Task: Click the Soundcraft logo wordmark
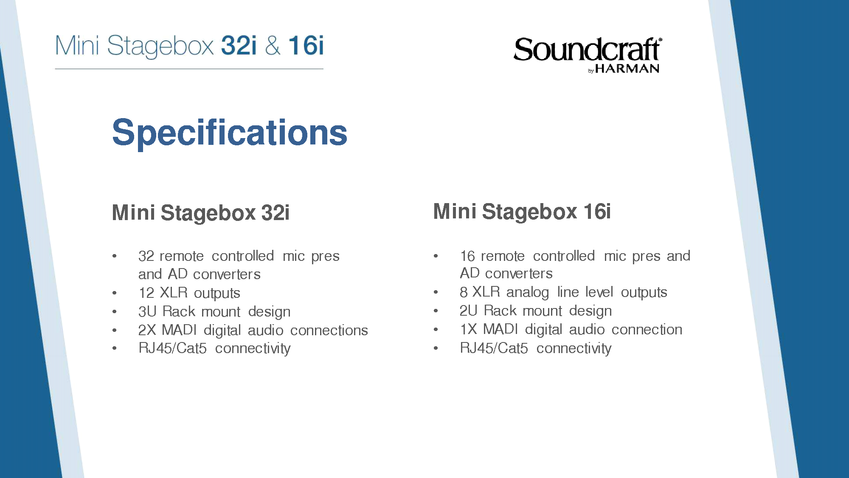tap(588, 50)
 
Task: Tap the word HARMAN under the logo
tap(627, 69)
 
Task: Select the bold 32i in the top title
tap(239, 45)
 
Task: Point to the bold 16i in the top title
tap(306, 45)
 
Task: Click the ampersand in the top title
tap(273, 46)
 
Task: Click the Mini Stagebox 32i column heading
tap(201, 213)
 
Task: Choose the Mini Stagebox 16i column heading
tap(522, 212)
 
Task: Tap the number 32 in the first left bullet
tap(146, 256)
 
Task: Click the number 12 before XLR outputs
tap(146, 293)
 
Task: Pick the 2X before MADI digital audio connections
tap(148, 330)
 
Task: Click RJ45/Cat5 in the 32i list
tap(173, 348)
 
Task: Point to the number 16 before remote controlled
tap(468, 256)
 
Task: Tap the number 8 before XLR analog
tap(464, 292)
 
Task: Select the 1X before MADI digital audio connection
tap(469, 329)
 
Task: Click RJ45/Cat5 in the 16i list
tap(494, 348)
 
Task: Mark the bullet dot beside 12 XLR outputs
tap(115, 293)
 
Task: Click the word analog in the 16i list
tap(528, 293)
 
